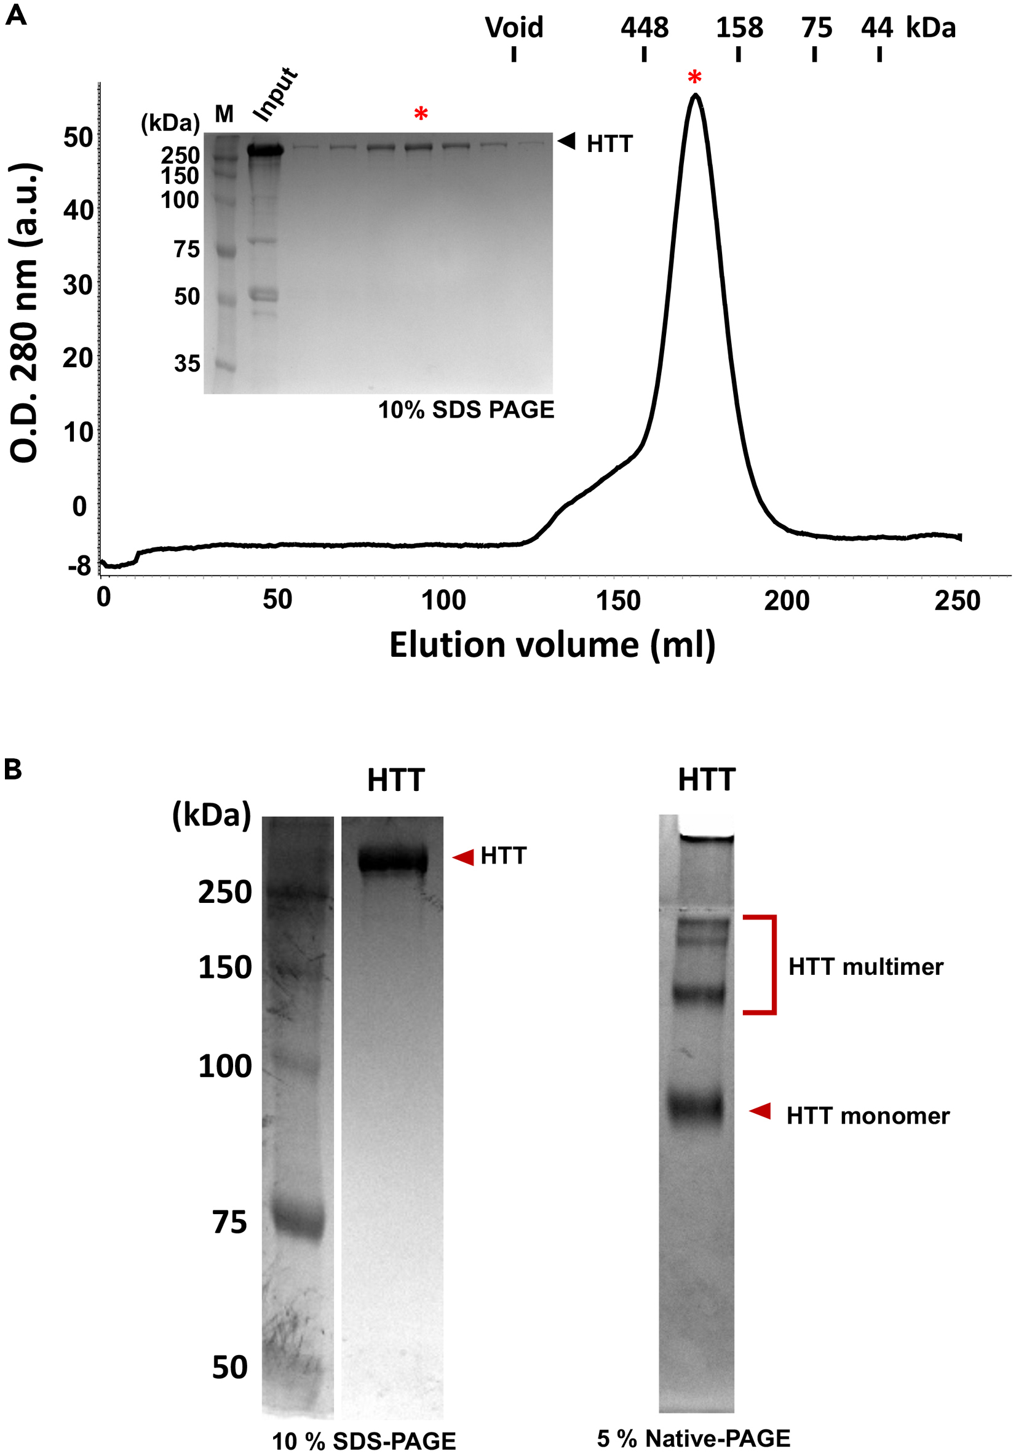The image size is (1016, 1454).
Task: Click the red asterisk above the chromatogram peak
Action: (694, 78)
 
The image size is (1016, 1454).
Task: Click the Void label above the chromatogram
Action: (514, 28)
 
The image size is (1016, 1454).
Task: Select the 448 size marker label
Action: (644, 28)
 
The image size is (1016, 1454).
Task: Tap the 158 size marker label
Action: (739, 28)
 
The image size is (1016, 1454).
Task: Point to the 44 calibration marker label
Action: (876, 28)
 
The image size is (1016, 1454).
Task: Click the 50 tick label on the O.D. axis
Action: (78, 137)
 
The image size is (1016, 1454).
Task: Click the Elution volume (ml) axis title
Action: (552, 645)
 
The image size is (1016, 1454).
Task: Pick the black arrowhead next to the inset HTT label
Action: (566, 141)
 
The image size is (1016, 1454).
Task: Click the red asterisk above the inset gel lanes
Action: (421, 114)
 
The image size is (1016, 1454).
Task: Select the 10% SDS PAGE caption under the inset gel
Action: (466, 410)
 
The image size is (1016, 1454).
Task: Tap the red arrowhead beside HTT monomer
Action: (760, 1111)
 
